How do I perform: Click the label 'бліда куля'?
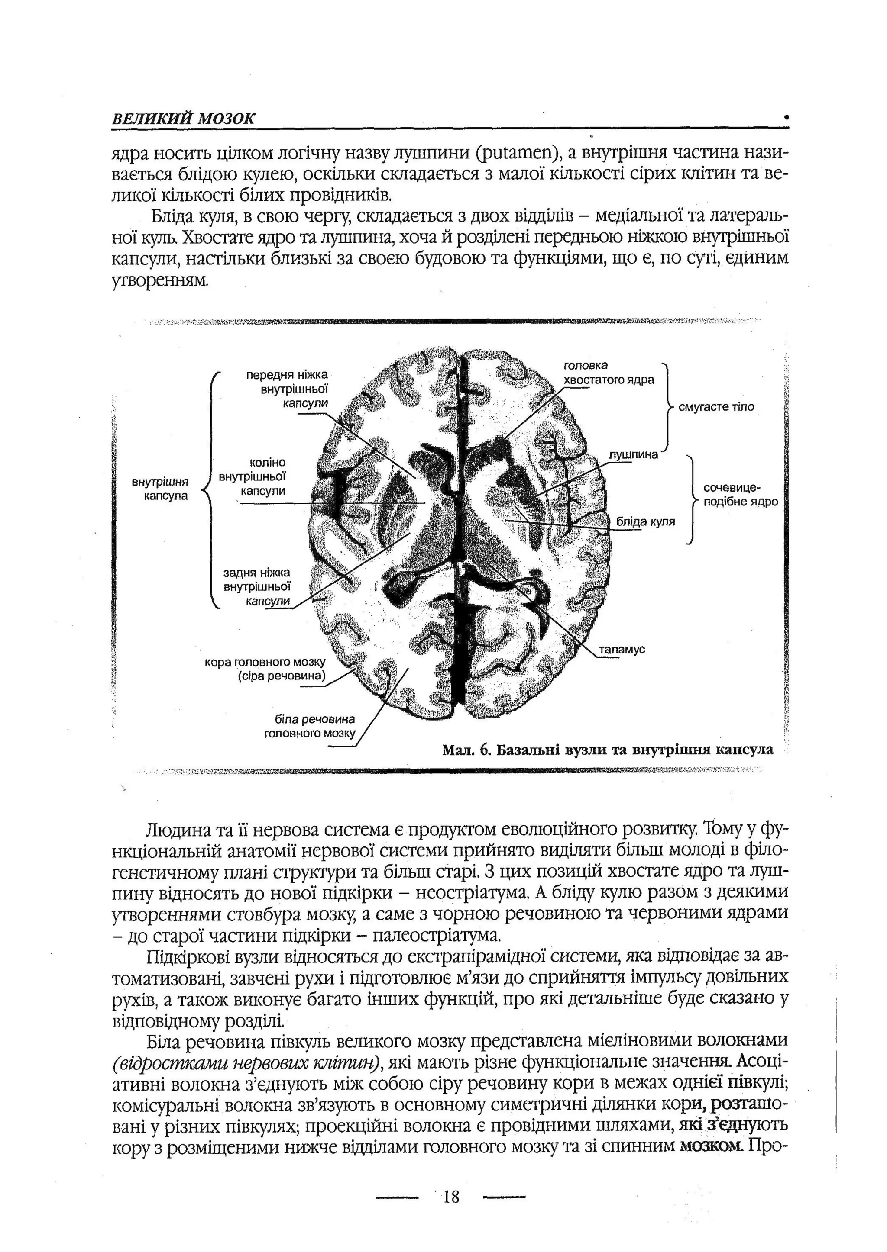(x=645, y=521)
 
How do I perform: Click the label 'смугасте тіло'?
(x=715, y=407)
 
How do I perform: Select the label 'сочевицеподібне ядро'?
(x=740, y=495)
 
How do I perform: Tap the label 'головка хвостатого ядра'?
(x=608, y=372)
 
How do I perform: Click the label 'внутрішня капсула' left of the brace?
(x=160, y=489)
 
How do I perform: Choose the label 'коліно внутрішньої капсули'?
(x=253, y=476)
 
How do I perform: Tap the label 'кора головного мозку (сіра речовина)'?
(x=265, y=669)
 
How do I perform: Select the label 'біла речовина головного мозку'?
(x=309, y=726)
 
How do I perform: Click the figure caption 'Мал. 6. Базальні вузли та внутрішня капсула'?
(x=607, y=750)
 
